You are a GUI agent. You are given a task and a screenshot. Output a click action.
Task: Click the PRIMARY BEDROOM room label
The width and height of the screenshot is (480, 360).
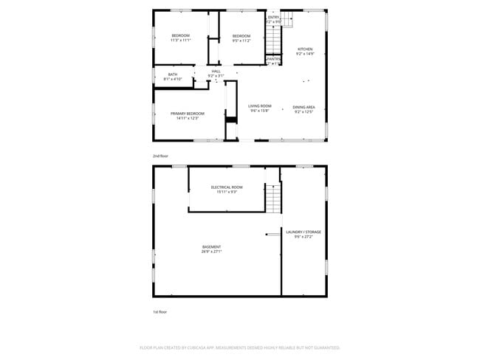coord(187,114)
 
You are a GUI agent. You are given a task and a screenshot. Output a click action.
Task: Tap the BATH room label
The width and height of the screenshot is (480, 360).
coord(172,75)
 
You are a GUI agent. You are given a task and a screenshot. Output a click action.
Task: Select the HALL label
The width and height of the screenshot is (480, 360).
coord(216,71)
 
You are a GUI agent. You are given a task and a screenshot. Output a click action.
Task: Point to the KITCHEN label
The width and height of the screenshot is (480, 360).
coord(305,49)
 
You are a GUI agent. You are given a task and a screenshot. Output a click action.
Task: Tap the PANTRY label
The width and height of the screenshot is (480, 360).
coord(273,59)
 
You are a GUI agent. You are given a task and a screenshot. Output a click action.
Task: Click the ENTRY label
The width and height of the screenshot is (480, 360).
coord(273,17)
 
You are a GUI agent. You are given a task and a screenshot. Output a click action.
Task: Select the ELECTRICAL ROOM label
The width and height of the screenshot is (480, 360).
coord(227,187)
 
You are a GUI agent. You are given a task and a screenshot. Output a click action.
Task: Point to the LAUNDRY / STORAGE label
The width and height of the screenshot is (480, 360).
coord(303,232)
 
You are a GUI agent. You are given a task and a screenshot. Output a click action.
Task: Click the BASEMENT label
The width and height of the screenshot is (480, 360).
coord(211,246)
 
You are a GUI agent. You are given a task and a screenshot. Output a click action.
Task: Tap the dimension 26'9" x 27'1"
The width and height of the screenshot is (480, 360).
coord(211,252)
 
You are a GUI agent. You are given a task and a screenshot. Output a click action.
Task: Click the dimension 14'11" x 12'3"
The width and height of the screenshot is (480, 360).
coord(187,119)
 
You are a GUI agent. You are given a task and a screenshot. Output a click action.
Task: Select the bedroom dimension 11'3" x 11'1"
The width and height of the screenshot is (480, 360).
coord(181,41)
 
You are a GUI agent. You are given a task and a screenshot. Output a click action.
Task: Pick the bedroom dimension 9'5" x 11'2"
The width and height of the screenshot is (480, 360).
coord(241,41)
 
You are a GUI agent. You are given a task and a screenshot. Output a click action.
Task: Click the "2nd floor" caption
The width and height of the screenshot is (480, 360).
coord(160,156)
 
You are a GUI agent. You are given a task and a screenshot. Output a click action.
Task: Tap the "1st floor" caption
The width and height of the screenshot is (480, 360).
coord(160,312)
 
